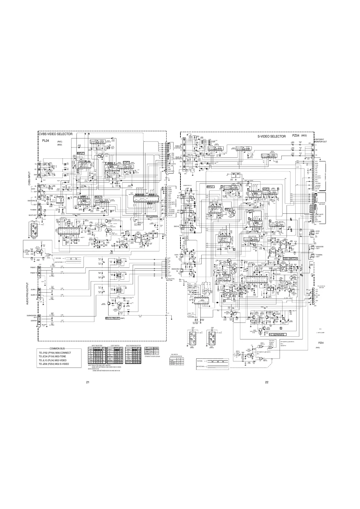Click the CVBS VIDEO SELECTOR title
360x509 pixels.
pyautogui.click(x=55, y=134)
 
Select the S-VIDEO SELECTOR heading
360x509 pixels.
pyautogui.click(x=271, y=137)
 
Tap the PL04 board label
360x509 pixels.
pyautogui.click(x=45, y=141)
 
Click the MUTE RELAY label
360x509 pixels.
pyautogui.click(x=112, y=319)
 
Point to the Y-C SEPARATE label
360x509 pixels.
pyautogui.click(x=277, y=334)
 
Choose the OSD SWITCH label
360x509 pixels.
pyautogui.click(x=290, y=258)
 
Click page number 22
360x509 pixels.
pyautogui.click(x=267, y=382)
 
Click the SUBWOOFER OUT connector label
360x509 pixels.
pyautogui.click(x=31, y=316)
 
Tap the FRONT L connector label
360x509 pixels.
pyautogui.click(x=33, y=267)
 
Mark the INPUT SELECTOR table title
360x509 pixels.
pyautogui.click(x=97, y=345)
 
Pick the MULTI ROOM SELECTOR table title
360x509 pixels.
pyautogui.click(x=133, y=345)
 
